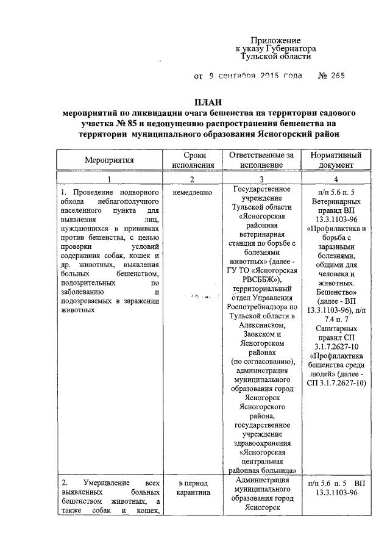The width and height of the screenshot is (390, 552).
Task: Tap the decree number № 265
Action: click(331, 76)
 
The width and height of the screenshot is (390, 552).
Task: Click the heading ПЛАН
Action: click(208, 102)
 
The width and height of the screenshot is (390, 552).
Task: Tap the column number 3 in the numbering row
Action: click(261, 179)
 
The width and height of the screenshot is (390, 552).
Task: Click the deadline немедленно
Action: click(193, 193)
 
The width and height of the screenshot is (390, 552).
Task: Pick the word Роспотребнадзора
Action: click(261, 306)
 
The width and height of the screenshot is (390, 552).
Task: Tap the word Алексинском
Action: click(261, 325)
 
